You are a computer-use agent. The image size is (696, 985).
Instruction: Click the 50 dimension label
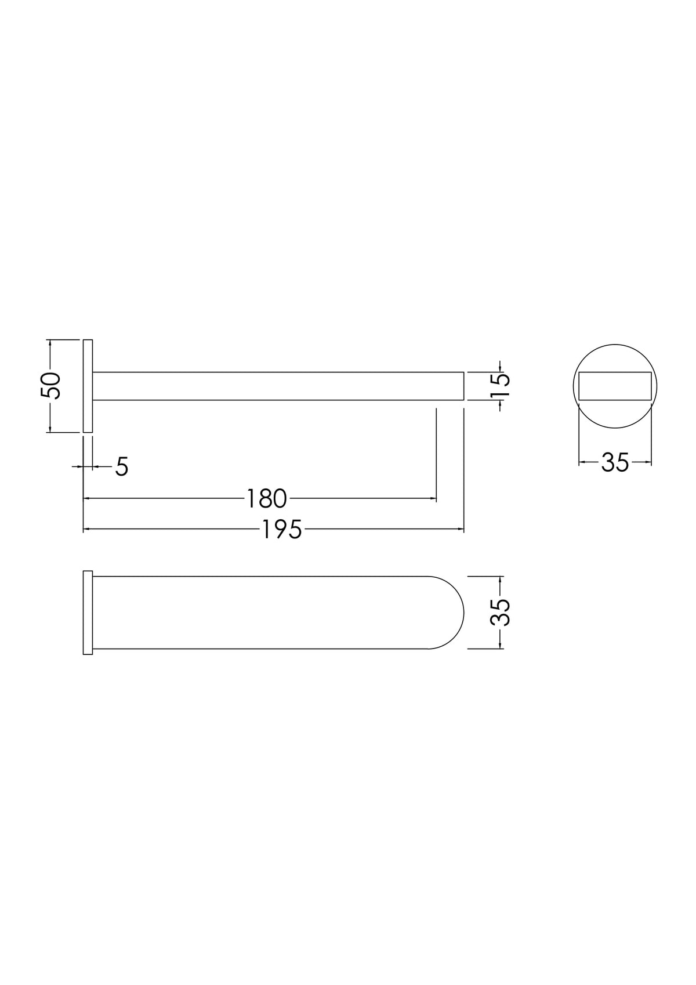[x=50, y=386]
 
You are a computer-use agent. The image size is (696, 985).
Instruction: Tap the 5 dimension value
[x=122, y=466]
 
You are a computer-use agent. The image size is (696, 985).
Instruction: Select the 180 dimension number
[x=266, y=498]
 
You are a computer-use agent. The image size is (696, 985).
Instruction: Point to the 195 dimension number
[x=282, y=530]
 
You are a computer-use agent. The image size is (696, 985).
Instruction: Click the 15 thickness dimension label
[x=500, y=385]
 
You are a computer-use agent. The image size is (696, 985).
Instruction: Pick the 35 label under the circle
[x=615, y=462]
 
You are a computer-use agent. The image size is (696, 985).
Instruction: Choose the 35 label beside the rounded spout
[x=501, y=613]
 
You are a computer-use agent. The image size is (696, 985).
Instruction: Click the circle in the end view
[x=615, y=344]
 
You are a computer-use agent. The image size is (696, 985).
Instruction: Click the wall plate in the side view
[x=88, y=386]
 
